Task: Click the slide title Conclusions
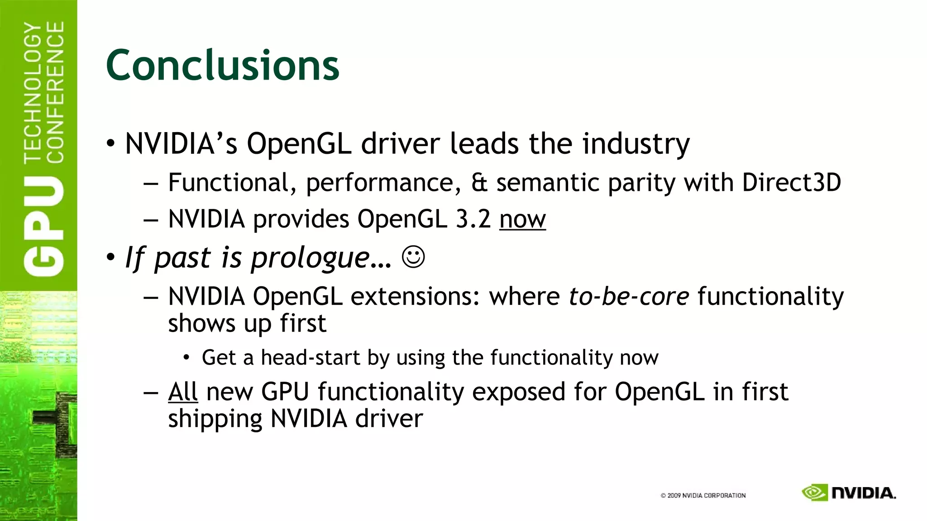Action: pyautogui.click(x=222, y=66)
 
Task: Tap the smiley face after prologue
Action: pyautogui.click(x=413, y=257)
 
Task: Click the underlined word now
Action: pyautogui.click(x=522, y=219)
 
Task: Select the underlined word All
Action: pyautogui.click(x=183, y=392)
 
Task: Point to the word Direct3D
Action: pyautogui.click(x=791, y=183)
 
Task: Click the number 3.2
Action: pyautogui.click(x=473, y=219)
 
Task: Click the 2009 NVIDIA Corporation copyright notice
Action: pyautogui.click(x=703, y=496)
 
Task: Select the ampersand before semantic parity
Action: pyautogui.click(x=479, y=183)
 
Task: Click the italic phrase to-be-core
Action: pyautogui.click(x=629, y=297)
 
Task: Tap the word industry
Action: pyautogui.click(x=636, y=144)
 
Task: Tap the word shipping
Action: pyautogui.click(x=215, y=419)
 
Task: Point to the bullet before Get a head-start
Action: pyautogui.click(x=186, y=358)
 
